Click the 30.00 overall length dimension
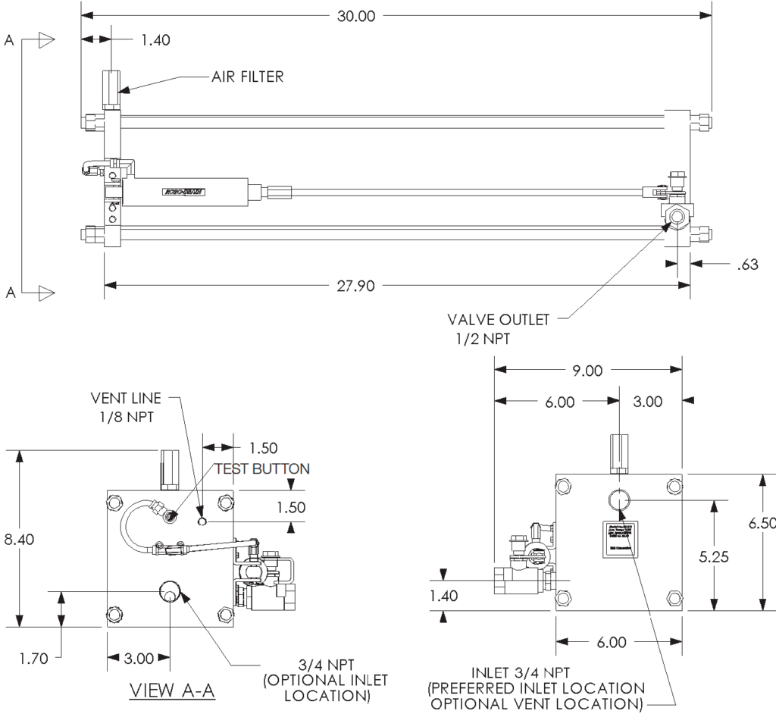(356, 16)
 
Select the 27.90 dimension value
(356, 285)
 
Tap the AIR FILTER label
(247, 77)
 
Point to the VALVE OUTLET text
(498, 320)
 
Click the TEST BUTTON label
(263, 468)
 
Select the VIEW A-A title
(174, 691)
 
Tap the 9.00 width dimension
(587, 371)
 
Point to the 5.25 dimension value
(714, 556)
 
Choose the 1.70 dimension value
(34, 658)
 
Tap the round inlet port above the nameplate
(619, 500)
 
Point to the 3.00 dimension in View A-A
(139, 658)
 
